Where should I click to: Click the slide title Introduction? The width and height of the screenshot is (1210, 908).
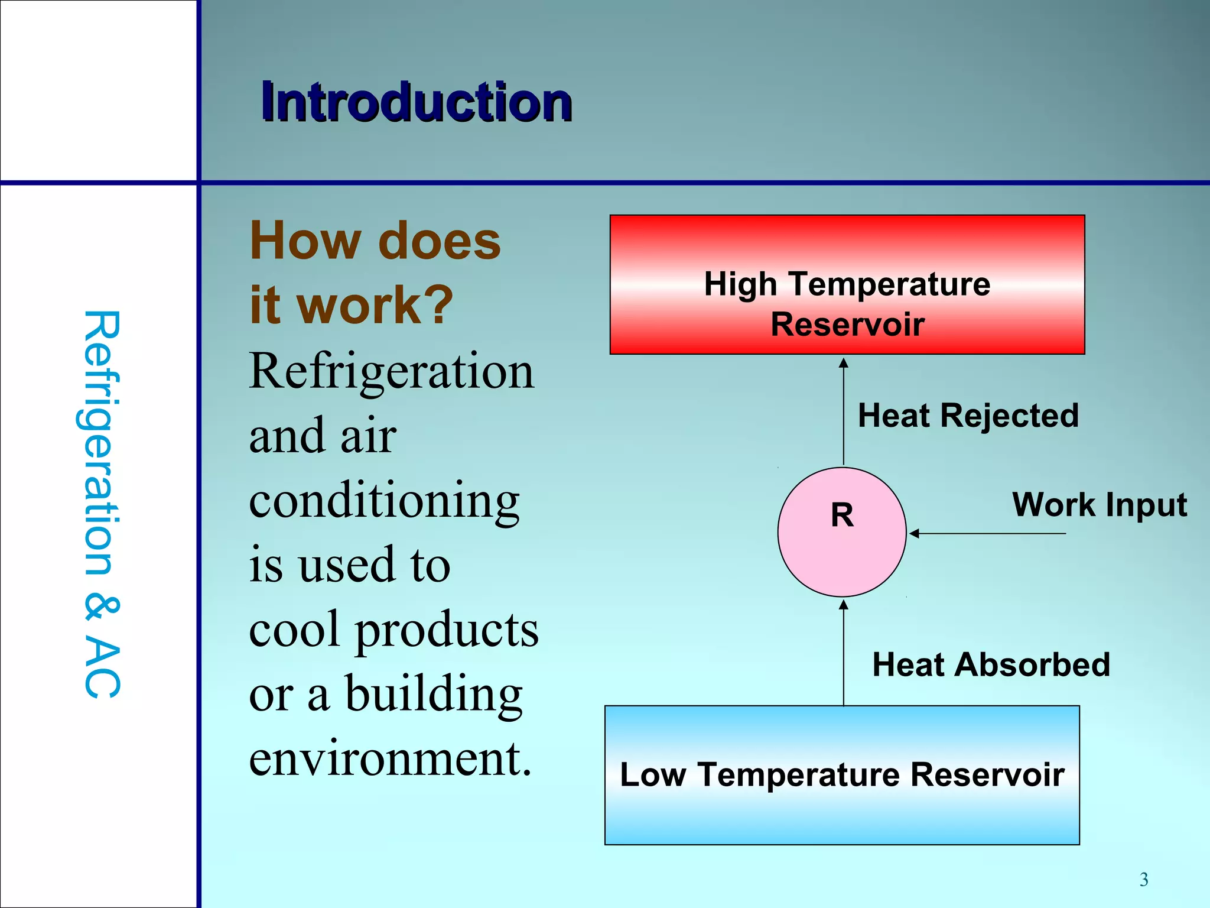coord(417,103)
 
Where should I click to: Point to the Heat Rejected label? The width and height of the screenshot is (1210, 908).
coord(968,415)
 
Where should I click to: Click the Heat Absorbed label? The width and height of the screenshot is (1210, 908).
coord(991,664)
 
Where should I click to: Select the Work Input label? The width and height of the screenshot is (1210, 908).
coord(1099,505)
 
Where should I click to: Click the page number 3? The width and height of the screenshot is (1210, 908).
coord(1144,880)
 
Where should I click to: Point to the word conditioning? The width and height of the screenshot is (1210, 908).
coord(384,501)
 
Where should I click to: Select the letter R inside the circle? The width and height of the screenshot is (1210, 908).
coord(842,515)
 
